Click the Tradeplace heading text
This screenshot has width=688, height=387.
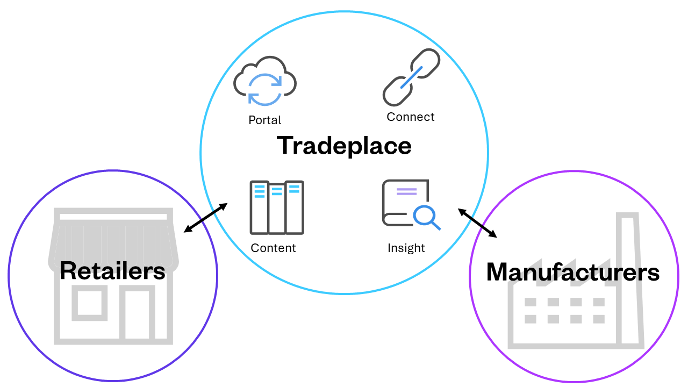[344, 146]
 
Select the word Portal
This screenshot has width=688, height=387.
[264, 120]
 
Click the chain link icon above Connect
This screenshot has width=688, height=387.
[411, 77]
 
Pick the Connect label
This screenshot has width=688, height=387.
[411, 117]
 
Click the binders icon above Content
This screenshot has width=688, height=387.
[277, 207]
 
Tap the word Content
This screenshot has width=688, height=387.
[273, 248]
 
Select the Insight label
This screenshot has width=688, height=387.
[406, 248]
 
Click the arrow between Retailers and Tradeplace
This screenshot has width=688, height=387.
[205, 218]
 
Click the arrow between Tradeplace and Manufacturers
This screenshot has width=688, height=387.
[477, 223]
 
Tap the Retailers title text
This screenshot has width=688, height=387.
[112, 270]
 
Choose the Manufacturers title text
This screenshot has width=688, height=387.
[572, 272]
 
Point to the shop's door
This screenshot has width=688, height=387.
[137, 316]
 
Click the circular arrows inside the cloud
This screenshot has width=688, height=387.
[264, 89]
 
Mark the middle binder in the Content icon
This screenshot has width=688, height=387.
[277, 209]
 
